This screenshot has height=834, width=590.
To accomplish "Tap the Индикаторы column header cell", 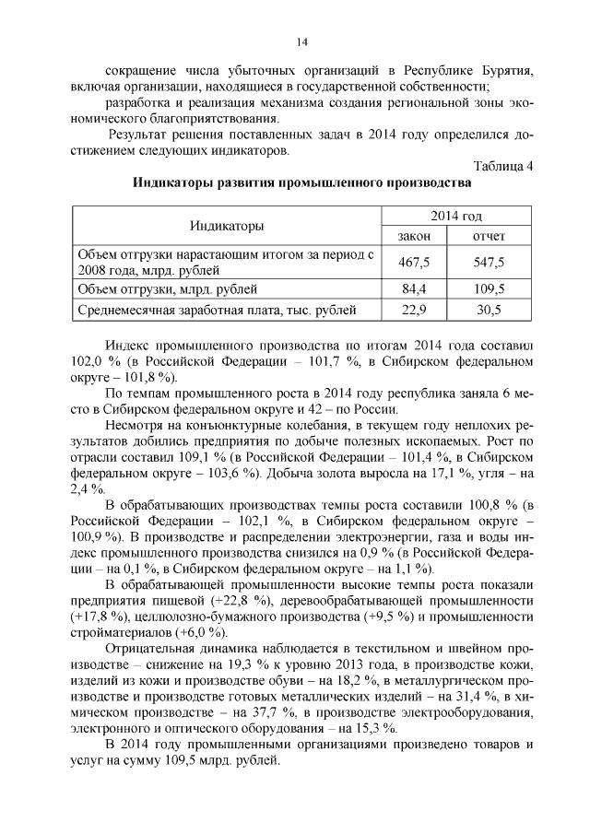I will click(226, 226).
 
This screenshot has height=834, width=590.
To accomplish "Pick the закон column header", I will click(414, 237).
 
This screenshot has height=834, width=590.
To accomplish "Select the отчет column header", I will click(489, 237).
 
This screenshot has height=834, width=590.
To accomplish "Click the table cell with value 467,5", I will click(414, 262).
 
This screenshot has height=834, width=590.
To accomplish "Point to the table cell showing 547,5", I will click(489, 262).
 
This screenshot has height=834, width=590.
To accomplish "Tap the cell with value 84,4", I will click(414, 289).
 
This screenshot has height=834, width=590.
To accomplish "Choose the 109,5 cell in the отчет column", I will click(489, 289).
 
